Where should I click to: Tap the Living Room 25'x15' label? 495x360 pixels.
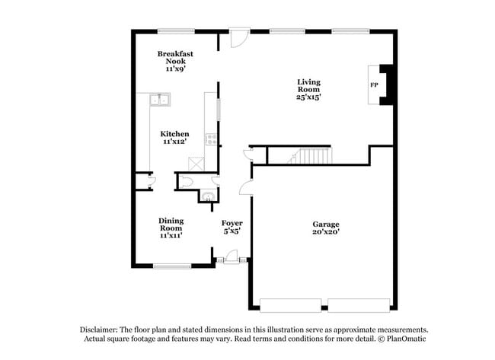(308, 89)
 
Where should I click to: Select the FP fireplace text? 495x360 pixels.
(374, 85)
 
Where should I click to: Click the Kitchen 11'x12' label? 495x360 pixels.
(174, 137)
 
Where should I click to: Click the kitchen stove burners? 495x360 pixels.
(211, 139)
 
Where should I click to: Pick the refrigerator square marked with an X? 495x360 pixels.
(196, 163)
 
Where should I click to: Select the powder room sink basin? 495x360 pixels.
(206, 196)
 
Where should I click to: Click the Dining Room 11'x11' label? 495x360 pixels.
(171, 228)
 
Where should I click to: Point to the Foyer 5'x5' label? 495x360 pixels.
(232, 228)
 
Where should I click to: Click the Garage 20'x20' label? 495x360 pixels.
(325, 228)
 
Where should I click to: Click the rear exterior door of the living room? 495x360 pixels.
(238, 37)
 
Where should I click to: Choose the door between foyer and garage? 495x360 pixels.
(244, 188)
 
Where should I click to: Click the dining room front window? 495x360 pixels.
(172, 266)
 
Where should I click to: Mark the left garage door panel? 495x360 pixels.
(292, 304)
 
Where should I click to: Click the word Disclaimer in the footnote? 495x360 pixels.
(99, 330)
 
